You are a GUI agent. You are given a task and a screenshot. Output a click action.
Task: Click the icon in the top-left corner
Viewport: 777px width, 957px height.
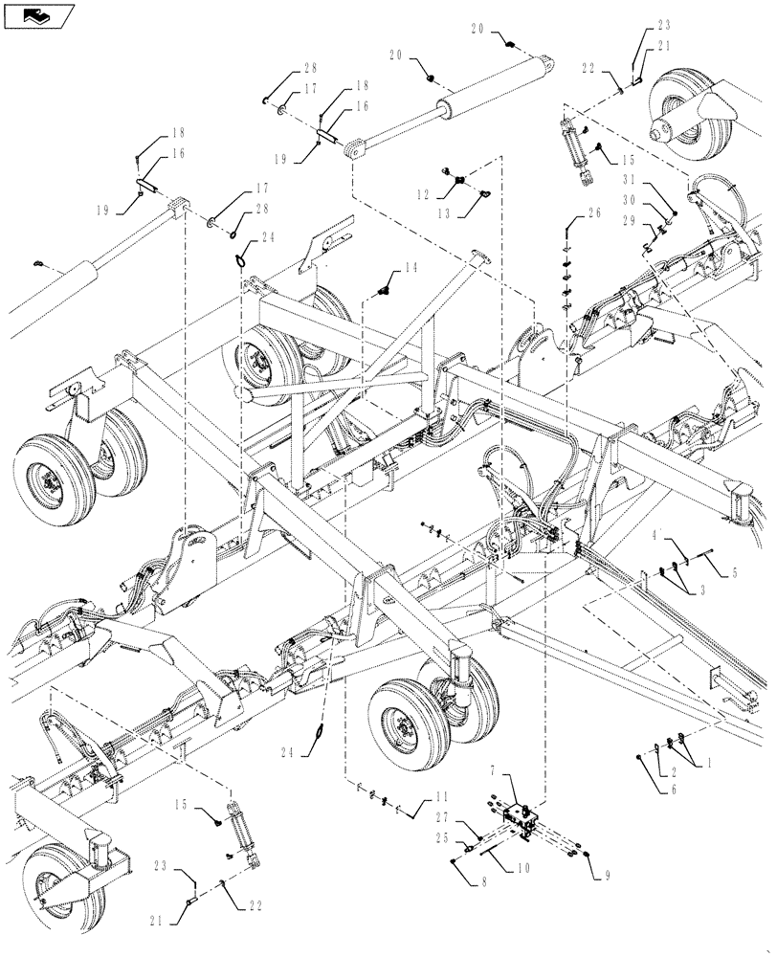pos(39,16)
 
